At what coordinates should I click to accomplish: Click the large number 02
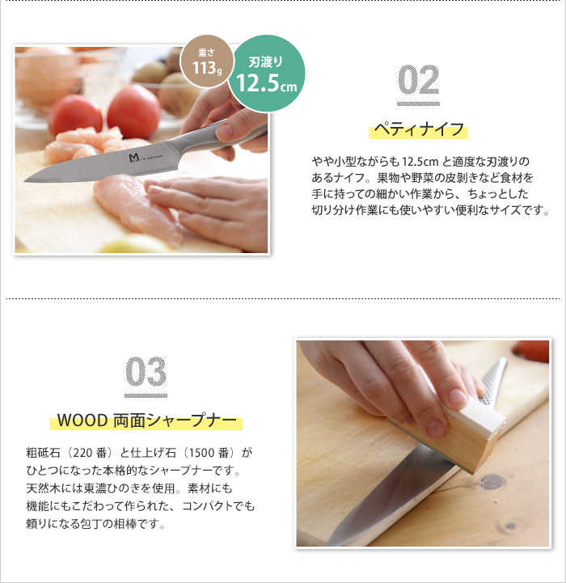[418, 79]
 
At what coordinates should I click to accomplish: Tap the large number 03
[146, 371]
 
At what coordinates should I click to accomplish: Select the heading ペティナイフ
[419, 129]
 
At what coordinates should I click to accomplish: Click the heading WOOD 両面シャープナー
[146, 420]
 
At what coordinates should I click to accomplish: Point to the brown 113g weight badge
[207, 61]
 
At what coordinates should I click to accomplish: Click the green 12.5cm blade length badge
[267, 74]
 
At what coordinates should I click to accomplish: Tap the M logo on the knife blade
[134, 158]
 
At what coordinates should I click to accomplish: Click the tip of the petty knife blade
[24, 181]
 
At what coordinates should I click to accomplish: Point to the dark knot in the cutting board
[492, 482]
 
